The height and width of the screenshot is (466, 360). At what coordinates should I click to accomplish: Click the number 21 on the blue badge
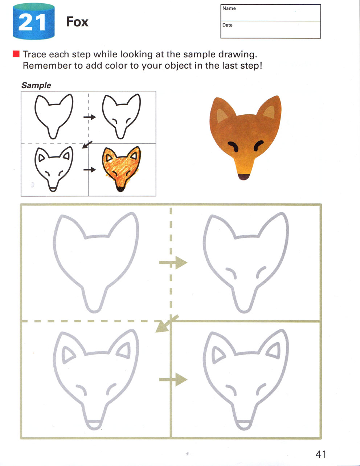coord(32,22)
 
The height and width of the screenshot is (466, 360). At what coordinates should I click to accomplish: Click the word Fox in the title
coord(77,22)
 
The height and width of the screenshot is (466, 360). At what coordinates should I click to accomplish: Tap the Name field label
coord(229,8)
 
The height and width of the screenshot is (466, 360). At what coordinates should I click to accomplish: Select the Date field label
coord(227,25)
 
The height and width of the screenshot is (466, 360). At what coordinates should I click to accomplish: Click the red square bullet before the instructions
coord(16,54)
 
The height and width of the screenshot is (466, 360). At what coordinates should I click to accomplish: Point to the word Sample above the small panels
coord(36,85)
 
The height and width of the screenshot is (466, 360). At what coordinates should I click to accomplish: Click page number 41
coord(321,454)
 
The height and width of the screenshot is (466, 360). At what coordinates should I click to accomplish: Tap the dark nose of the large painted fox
coord(244,177)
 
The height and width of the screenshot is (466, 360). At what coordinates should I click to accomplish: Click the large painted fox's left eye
coord(233,147)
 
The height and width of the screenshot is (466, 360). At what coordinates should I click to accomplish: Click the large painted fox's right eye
coord(258,146)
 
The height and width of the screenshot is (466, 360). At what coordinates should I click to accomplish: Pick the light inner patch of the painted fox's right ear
coord(269,112)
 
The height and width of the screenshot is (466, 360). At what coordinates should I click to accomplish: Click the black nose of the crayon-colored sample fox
coord(120,189)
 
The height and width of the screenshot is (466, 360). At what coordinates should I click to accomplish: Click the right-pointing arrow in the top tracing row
coord(173,262)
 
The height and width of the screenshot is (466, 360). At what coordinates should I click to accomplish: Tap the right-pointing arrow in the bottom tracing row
coord(173,379)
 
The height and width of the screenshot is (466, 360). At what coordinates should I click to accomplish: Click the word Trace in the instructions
coord(34,54)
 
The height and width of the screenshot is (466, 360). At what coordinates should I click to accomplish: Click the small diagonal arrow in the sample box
coord(87,144)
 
